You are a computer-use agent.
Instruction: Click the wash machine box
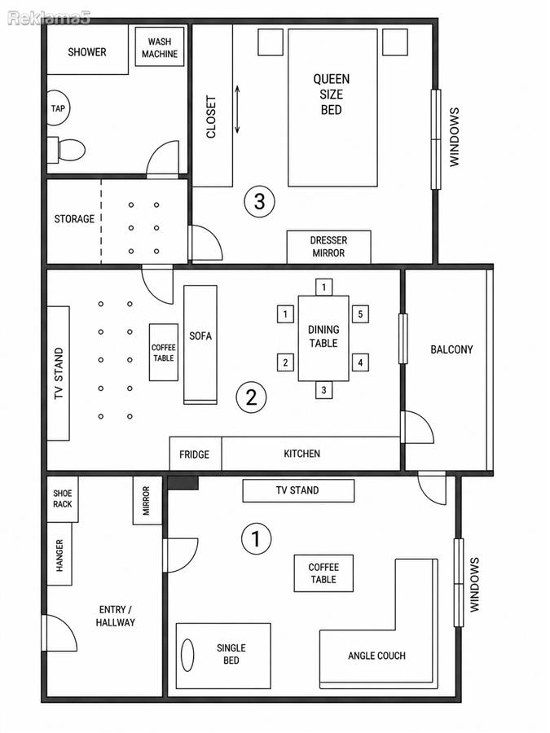coord(160,46)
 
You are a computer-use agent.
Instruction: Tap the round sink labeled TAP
coord(58,108)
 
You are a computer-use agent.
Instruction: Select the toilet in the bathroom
coord(67,150)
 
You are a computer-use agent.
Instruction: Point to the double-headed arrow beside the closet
coord(237,109)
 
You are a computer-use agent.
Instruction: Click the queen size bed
coord(332,108)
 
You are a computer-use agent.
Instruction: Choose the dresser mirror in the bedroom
coord(329,247)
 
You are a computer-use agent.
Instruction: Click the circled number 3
coord(259,202)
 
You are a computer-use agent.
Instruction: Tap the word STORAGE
coord(74,219)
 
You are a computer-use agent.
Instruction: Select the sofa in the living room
coord(200,345)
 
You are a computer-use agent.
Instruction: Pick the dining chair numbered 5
coord(360,314)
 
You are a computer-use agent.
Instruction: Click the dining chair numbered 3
coord(323,390)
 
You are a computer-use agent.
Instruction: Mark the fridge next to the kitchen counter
coord(195,454)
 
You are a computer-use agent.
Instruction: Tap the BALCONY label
coord(451,349)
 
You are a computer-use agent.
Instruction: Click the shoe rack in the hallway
coord(63,498)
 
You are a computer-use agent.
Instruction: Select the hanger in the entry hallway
coord(59,554)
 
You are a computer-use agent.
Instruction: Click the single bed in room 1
coord(223,656)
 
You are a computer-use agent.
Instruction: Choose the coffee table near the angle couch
coord(323,573)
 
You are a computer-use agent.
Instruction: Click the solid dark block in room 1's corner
coord(183,483)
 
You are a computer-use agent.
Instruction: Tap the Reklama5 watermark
coord(49,18)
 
